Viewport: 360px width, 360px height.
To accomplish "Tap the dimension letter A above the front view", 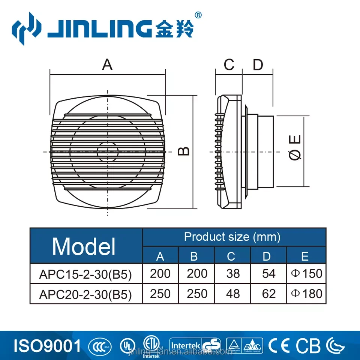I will (108, 64).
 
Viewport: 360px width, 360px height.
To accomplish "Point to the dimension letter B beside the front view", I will (183, 151).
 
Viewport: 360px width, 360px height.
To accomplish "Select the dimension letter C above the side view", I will (229, 64).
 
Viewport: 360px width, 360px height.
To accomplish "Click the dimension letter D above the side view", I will (258, 64).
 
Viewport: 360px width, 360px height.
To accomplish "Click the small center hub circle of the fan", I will (108, 152).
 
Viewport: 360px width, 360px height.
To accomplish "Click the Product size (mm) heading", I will (232, 237).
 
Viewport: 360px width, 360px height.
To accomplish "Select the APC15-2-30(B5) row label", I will (85, 274).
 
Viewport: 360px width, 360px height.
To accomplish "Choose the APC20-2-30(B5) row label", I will (85, 294).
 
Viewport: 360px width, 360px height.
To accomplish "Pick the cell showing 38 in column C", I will (233, 274).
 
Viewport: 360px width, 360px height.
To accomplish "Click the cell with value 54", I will (268, 274).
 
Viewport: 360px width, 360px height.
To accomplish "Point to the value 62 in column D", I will (268, 294).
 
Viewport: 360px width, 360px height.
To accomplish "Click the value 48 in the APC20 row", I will (233, 294).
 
